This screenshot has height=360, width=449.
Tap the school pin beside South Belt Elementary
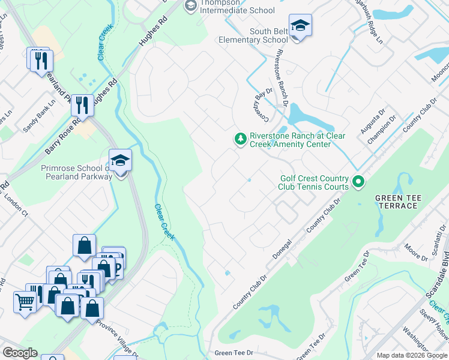[x=300, y=27]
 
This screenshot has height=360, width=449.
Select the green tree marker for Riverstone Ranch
[x=240, y=139]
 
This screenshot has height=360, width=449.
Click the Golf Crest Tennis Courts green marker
[x=358, y=181]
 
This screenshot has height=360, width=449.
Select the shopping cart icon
[x=25, y=302]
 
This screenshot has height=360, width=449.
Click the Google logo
[x=20, y=352]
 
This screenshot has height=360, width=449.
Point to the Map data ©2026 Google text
[x=411, y=355]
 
